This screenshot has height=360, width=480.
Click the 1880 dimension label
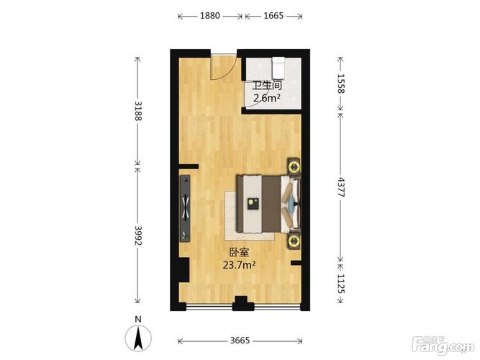(x=210, y=16)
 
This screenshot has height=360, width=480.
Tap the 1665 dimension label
(x=273, y=16)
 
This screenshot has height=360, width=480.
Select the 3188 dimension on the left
(x=138, y=111)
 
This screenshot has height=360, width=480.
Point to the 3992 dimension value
(x=138, y=235)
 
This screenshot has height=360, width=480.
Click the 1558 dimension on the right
(x=341, y=84)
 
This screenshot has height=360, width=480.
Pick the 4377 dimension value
(x=341, y=187)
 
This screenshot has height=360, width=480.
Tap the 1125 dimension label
(x=341, y=284)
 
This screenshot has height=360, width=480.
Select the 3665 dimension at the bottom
(x=240, y=341)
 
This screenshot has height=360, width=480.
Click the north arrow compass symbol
(x=138, y=338)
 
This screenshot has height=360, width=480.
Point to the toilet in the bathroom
(x=279, y=68)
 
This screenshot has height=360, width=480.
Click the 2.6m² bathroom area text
(x=267, y=98)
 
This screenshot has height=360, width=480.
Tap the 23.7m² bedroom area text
(x=239, y=265)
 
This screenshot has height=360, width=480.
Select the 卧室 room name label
(x=240, y=252)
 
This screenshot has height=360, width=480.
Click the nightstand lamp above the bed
(x=294, y=167)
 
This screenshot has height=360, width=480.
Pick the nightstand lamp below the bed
(x=294, y=240)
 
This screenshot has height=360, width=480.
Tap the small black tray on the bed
(x=253, y=204)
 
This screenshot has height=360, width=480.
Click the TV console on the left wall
(x=185, y=208)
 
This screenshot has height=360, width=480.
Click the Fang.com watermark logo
(x=443, y=346)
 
